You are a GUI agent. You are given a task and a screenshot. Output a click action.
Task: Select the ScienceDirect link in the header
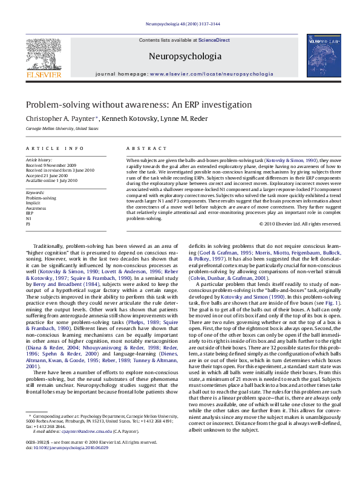[x=214, y=40]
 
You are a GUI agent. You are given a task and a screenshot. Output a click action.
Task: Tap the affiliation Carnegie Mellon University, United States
[x=62, y=129]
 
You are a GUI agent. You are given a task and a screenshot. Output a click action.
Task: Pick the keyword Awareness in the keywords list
[x=36, y=208]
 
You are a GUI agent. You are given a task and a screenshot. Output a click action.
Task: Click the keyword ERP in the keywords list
[x=30, y=213]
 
